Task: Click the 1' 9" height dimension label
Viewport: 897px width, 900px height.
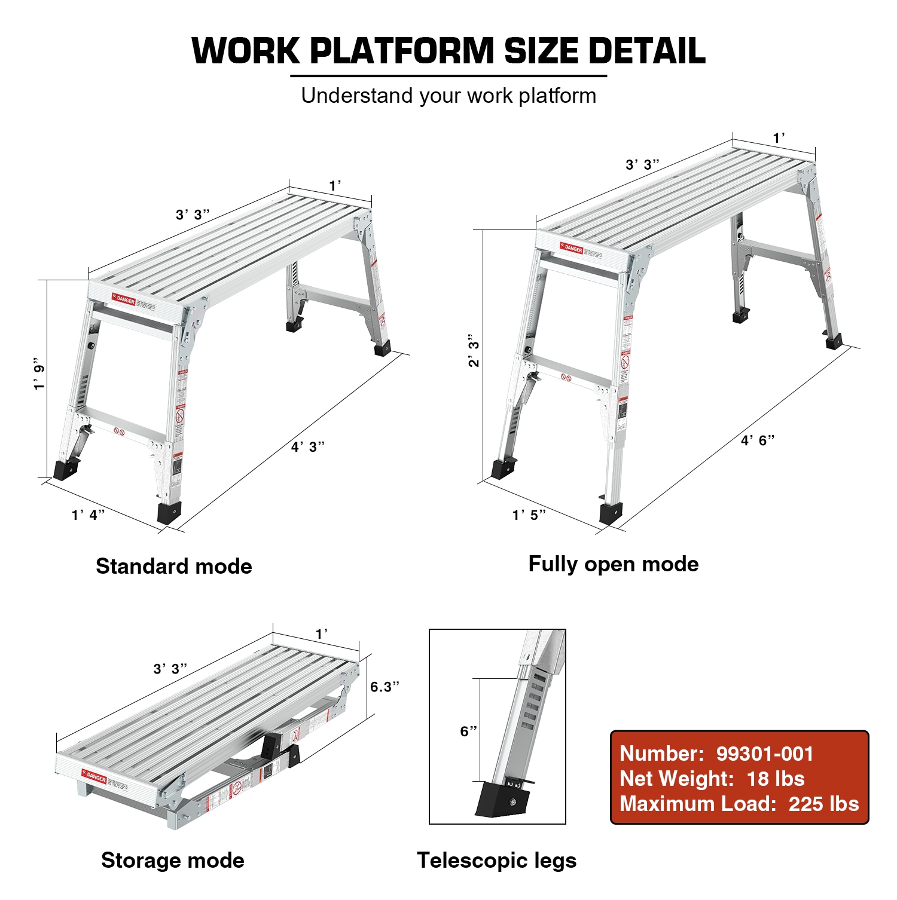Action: coord(39,374)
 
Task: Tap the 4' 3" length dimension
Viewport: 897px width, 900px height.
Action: coord(307,446)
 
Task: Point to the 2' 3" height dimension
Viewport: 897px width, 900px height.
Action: coord(474,350)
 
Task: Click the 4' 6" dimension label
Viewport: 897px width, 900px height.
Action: coord(758,440)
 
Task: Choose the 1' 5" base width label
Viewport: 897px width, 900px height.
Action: coord(529,515)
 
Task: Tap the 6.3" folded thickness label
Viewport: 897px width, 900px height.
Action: coord(385,687)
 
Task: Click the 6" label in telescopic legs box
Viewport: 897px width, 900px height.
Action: coord(468,731)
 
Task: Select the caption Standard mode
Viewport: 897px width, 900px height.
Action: coord(174,566)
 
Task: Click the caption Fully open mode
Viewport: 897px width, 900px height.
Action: coord(614,564)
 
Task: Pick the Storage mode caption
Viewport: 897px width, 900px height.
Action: coord(173,860)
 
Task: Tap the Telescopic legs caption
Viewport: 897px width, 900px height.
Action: coord(496,860)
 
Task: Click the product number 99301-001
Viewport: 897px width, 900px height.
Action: coord(765,754)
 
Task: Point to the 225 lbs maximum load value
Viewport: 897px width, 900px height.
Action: coord(823,804)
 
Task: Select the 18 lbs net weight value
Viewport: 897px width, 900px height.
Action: coord(776,779)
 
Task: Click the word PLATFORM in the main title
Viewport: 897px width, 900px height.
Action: coord(401,51)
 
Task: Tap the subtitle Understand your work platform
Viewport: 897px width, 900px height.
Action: coord(448,96)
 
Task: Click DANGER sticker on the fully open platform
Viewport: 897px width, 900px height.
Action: coord(572,248)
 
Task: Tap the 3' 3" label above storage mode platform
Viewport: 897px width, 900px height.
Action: coord(170,669)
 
